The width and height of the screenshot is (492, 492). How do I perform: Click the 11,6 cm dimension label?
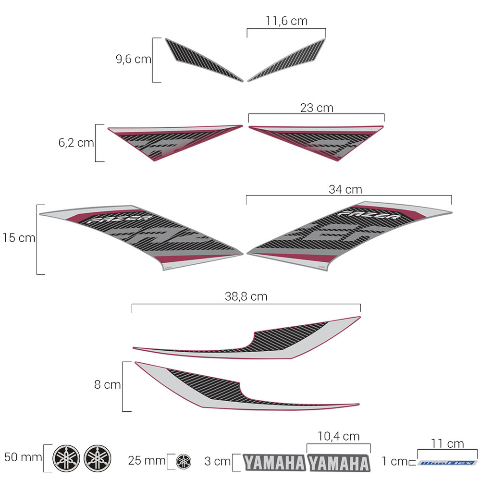point(286,21)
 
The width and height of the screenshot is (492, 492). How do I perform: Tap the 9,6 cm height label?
point(133,60)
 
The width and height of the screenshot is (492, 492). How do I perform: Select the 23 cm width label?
point(317,108)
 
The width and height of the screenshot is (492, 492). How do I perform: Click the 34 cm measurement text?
point(345,189)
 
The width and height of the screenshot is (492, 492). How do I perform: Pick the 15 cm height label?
point(19,237)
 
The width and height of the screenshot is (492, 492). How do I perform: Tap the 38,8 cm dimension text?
point(246,296)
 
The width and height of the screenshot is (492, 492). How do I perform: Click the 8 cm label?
point(108,384)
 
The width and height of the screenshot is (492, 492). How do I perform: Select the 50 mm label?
point(24,457)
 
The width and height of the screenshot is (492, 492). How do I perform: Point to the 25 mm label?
point(147,461)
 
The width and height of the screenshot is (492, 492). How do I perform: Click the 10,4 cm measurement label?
point(339,436)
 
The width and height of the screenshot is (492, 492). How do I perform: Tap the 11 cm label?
point(447,443)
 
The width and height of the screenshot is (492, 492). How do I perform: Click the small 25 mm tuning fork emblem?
point(183,462)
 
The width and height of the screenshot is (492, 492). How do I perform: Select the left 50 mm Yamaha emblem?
point(66,458)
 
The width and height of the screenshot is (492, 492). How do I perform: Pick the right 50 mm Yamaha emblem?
point(97,458)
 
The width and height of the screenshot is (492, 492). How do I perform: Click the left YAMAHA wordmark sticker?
point(274,463)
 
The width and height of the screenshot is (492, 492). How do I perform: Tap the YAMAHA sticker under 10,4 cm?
point(339,463)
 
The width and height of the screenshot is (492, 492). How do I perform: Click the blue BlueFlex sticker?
point(447,463)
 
